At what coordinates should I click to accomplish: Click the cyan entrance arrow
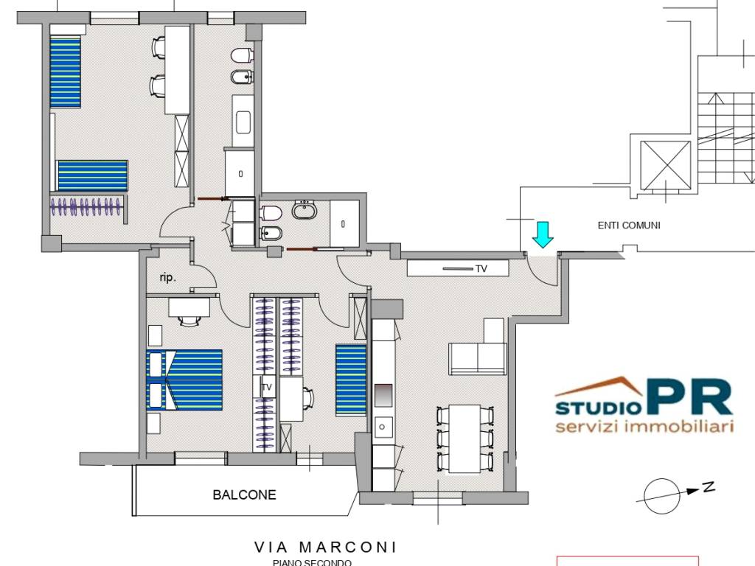(543, 234)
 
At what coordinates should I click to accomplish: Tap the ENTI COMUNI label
(629, 226)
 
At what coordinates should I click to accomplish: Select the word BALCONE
(244, 495)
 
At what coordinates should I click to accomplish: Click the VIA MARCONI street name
(325, 547)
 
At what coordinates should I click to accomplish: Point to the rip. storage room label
(167, 278)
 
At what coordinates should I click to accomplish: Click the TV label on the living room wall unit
(481, 269)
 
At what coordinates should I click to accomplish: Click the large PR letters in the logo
(689, 398)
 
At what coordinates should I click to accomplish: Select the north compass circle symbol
(661, 496)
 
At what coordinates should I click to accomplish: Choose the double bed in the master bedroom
(185, 380)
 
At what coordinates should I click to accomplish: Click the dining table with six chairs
(465, 439)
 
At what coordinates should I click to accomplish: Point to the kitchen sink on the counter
(383, 426)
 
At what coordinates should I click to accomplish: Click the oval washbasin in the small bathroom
(305, 212)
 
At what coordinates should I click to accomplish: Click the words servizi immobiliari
(644, 427)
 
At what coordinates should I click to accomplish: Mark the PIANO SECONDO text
(312, 562)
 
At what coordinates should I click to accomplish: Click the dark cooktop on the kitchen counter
(383, 395)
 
